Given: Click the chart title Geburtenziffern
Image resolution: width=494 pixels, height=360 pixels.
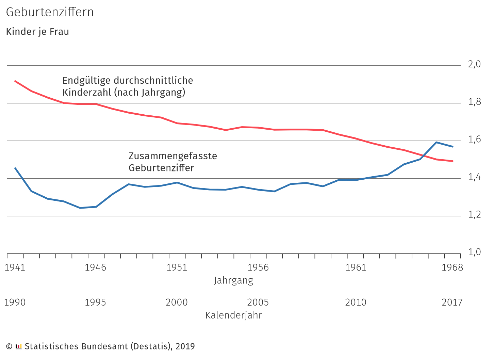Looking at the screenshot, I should click(50, 12).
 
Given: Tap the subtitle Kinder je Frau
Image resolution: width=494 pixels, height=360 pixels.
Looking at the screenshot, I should click(37, 32).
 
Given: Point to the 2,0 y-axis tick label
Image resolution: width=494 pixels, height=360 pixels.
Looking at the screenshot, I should click(474, 64).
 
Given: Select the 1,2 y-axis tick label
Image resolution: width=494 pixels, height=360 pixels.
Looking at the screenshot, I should click(474, 215).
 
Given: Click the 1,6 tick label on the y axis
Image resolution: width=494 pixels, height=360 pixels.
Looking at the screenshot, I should click(474, 140).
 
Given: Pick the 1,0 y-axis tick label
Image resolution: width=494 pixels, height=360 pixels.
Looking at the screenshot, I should click(474, 252).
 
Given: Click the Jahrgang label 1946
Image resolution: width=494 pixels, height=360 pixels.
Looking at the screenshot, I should click(95, 267).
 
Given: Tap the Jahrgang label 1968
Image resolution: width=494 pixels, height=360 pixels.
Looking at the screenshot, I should click(452, 267).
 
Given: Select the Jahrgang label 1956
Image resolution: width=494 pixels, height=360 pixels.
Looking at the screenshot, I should click(258, 267).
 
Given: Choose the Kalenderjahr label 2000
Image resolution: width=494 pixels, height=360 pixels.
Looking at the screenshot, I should click(177, 302).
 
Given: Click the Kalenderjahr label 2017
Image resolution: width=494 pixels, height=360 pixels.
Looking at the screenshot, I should click(452, 302).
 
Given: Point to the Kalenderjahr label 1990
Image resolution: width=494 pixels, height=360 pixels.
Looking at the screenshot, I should click(15, 302).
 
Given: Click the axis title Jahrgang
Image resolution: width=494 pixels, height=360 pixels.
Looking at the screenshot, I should click(234, 281).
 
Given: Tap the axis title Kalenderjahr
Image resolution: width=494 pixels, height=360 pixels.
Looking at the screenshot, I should click(234, 315).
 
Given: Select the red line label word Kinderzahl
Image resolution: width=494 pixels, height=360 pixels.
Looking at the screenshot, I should click(87, 93).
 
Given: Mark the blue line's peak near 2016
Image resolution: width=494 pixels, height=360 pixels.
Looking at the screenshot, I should click(436, 142).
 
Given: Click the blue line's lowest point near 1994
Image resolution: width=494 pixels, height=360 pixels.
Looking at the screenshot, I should click(80, 208).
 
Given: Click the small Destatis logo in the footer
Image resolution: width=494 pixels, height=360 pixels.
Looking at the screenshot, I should click(19, 347).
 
